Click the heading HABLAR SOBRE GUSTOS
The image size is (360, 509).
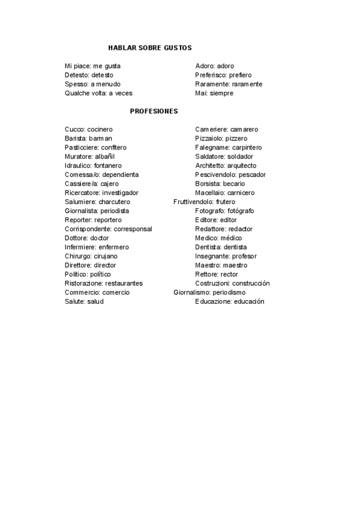(150, 47)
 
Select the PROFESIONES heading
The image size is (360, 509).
(154, 111)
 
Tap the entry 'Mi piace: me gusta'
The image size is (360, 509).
(92, 66)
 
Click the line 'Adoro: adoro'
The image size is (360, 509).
(215, 66)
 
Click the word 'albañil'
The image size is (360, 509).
(105, 157)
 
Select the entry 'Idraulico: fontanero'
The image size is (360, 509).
(93, 166)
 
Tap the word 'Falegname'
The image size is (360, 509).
(211, 148)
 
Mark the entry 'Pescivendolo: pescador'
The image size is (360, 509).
(230, 175)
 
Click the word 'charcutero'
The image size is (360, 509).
(114, 202)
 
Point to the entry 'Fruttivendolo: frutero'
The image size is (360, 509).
(204, 202)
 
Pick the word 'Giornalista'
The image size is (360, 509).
(81, 211)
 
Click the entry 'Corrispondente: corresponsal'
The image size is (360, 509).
(109, 229)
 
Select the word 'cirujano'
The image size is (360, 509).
(105, 256)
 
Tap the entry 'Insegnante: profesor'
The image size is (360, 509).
(226, 256)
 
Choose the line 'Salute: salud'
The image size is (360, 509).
(84, 301)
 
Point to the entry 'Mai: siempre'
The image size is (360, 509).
(214, 93)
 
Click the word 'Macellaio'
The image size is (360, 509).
(209, 193)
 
